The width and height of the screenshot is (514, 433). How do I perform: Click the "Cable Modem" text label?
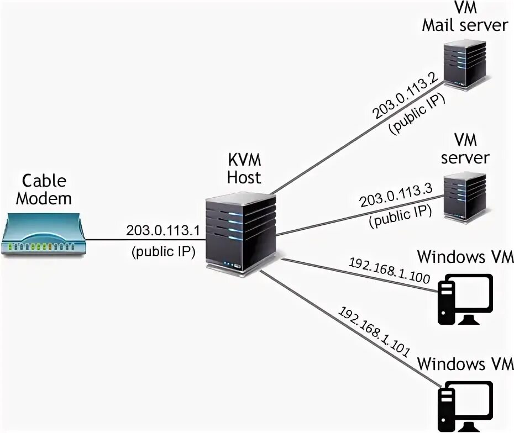coord(44,189)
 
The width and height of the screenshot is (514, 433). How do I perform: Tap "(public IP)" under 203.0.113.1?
coord(164,252)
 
